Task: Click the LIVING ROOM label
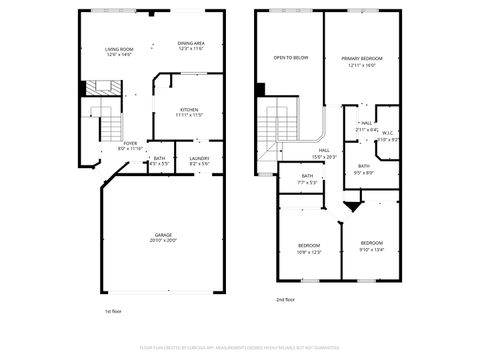pos(119,50)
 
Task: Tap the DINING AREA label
pos(191,43)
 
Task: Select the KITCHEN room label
pos(189,109)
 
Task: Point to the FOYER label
pos(130,142)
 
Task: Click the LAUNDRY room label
pos(198,158)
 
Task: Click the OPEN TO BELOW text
pos(290,58)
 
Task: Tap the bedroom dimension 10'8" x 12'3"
pos(309,251)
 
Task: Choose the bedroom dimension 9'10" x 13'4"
pos(372,248)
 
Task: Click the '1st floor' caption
pos(114,311)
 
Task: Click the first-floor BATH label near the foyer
pos(159,158)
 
